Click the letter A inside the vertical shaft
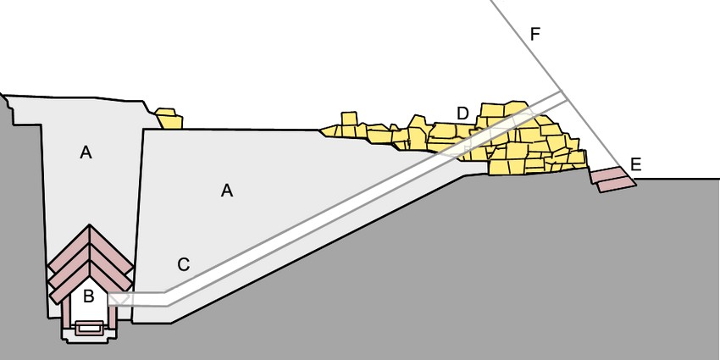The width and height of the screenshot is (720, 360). click(x=86, y=152)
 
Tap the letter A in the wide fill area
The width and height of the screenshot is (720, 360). click(x=227, y=190)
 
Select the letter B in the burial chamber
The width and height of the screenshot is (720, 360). click(x=89, y=296)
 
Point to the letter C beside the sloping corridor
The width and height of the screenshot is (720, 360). click(x=184, y=265)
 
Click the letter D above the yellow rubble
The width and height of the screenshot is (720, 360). click(x=462, y=114)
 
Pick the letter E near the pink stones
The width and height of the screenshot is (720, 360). click(x=635, y=164)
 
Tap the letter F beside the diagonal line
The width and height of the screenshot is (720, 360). click(x=535, y=34)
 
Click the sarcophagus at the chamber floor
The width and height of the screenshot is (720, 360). click(x=90, y=328)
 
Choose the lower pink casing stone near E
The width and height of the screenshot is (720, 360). click(x=616, y=185)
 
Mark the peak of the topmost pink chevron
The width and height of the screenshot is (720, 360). click(x=90, y=225)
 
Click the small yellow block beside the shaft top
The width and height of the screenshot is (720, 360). click(x=169, y=119)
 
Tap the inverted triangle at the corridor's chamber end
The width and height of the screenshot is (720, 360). click(x=118, y=299)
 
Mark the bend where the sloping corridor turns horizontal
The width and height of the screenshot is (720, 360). click(x=166, y=298)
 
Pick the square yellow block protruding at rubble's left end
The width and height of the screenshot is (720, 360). click(x=349, y=119)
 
